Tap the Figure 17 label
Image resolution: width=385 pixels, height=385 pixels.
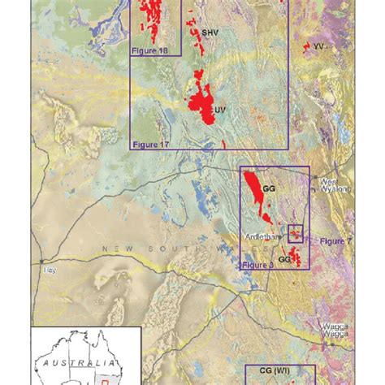[x=151, y=143]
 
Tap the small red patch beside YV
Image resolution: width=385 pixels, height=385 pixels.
[x=308, y=48]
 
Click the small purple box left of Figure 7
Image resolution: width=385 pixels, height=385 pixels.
[x=296, y=233]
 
